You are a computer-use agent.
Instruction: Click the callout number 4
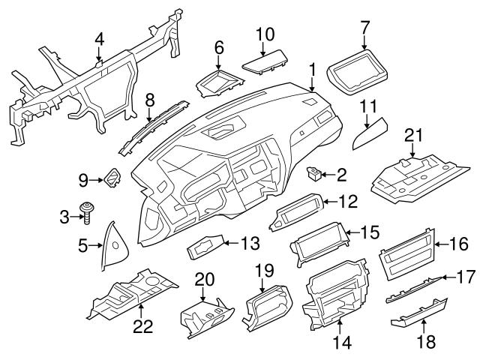click(100, 40)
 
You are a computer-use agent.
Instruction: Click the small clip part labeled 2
click(316, 175)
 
